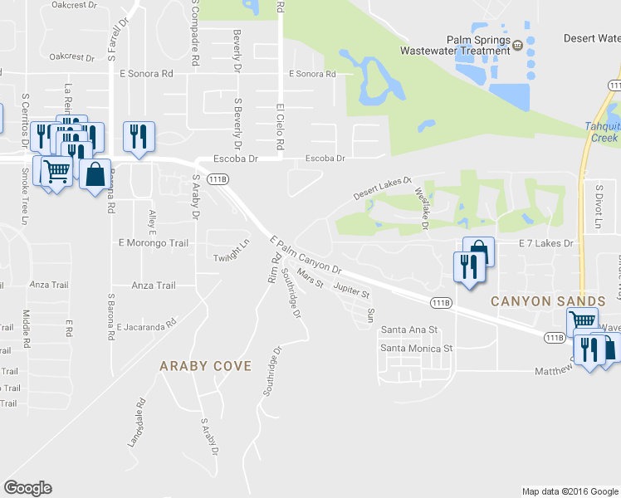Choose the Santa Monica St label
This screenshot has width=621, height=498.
pyautogui.click(x=416, y=349)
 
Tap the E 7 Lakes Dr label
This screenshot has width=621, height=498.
pyautogui.click(x=545, y=244)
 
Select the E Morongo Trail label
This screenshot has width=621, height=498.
pyautogui.click(x=154, y=243)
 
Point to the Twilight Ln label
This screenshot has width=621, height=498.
pyautogui.click(x=232, y=251)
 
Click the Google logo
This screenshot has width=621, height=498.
pyautogui.click(x=27, y=487)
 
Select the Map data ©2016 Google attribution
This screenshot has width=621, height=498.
pyautogui.click(x=570, y=491)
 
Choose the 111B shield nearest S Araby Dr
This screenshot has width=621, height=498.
pyautogui.click(x=218, y=179)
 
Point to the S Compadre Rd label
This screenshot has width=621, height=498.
pyautogui.click(x=194, y=33)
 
